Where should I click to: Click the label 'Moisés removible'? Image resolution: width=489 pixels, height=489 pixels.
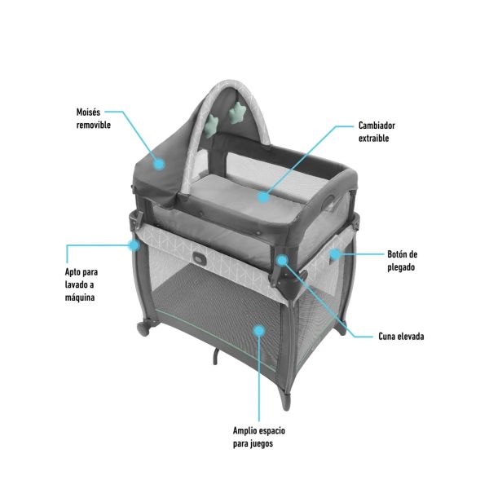point(94,118)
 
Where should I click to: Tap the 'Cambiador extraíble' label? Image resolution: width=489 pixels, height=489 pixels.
point(377,131)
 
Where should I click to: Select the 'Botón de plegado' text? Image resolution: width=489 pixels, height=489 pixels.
point(402,261)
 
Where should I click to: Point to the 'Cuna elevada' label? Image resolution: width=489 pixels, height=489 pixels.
point(401,336)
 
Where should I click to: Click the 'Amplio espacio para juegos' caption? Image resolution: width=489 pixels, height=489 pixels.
point(259,437)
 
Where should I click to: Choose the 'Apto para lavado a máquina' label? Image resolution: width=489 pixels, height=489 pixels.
point(81,284)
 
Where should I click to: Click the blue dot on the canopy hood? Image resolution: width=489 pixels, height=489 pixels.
point(160,164)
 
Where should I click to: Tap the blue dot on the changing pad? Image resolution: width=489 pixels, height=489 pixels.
point(263,196)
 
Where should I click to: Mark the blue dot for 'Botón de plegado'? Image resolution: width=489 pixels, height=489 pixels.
point(335,254)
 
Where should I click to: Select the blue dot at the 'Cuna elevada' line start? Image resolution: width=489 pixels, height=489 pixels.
point(282,260)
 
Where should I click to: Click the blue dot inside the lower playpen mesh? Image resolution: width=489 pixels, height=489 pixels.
point(258,331)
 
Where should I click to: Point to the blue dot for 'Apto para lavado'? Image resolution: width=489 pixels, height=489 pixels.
point(134,245)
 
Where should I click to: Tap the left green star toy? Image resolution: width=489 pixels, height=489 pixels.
point(212,126)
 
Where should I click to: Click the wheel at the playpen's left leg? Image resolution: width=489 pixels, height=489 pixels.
point(143,329)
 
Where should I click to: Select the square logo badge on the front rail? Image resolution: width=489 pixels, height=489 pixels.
point(199,258)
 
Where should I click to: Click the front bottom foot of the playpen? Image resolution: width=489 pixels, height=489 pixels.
point(285,401)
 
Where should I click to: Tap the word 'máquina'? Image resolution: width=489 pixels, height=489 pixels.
point(80,297)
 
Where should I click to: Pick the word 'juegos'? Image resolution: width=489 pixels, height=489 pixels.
point(261,444)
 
